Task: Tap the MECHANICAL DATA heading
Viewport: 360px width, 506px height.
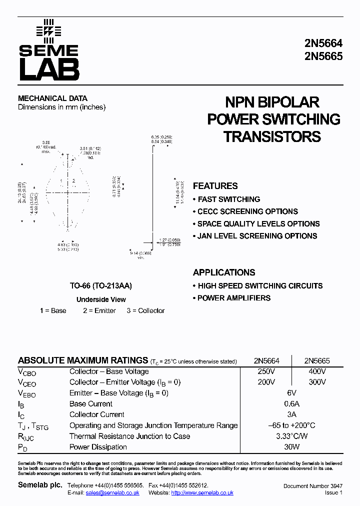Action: (52, 98)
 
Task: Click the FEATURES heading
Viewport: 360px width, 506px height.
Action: (215, 186)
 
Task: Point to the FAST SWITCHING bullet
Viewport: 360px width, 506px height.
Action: (228, 199)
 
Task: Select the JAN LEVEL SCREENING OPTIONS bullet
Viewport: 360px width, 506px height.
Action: (257, 236)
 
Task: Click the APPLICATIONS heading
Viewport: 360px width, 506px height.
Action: (224, 272)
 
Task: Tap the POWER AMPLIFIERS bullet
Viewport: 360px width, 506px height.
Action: (233, 298)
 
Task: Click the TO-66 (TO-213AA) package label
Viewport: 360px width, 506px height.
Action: (101, 286)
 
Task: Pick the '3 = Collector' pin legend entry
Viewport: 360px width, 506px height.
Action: (145, 310)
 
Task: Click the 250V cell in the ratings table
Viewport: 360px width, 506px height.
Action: (266, 371)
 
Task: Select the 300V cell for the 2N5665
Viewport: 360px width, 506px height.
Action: (317, 382)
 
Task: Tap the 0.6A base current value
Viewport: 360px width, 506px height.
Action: (291, 404)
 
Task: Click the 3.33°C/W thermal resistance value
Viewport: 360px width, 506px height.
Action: (291, 436)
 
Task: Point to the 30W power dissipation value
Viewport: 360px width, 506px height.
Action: (291, 447)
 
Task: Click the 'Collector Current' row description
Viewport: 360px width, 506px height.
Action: (97, 414)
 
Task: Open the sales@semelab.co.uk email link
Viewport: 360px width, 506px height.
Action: (112, 493)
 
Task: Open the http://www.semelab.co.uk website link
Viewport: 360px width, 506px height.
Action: (202, 493)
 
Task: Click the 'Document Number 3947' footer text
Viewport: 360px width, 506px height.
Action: (313, 486)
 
